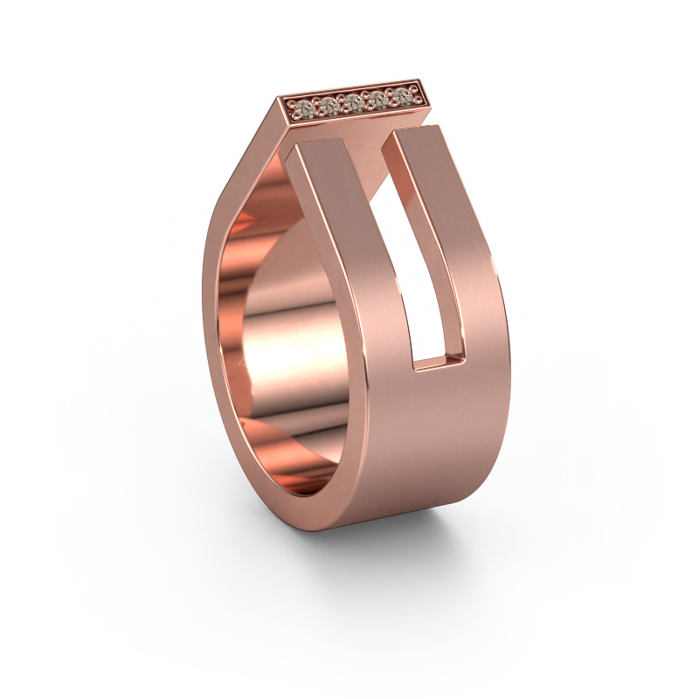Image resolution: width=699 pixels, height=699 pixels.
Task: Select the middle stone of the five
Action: pyautogui.click(x=353, y=102)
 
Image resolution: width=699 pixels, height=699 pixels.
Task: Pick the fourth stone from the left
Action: pyautogui.click(x=377, y=99)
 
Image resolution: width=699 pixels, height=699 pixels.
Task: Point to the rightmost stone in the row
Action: pyautogui.click(x=401, y=95)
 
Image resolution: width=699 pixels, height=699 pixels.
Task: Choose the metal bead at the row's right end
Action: pyautogui.click(x=414, y=93)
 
